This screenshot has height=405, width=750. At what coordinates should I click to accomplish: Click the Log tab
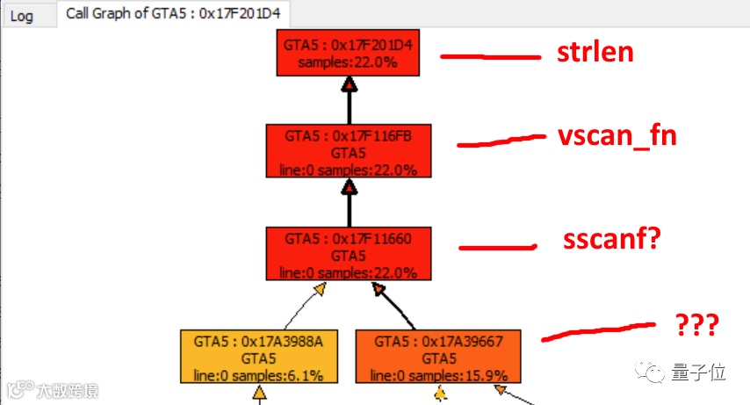click(x=22, y=16)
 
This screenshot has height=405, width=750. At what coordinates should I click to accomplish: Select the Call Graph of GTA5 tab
click(x=176, y=15)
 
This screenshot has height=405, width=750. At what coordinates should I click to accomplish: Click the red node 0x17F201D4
click(x=350, y=52)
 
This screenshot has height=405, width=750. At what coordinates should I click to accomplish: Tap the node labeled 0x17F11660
click(x=350, y=254)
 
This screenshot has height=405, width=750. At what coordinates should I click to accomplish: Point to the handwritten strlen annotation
click(x=595, y=53)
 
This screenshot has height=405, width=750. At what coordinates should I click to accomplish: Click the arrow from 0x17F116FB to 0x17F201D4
click(x=350, y=101)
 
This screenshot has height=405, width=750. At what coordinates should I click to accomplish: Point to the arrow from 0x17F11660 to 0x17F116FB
click(x=350, y=202)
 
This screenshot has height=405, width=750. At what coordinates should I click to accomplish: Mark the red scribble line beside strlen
click(x=489, y=57)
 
